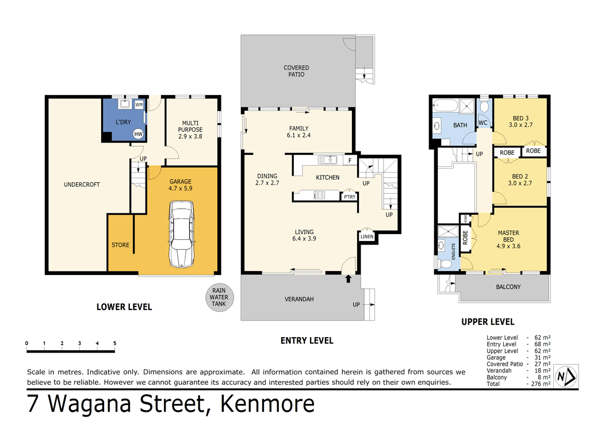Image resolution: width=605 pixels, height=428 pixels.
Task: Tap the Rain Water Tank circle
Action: pos(219,297)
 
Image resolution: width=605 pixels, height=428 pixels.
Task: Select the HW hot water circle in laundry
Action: pos(138,133)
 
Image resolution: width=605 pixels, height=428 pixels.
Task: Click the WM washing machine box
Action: pos(139,105)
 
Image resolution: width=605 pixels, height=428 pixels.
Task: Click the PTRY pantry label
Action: pos(349,197)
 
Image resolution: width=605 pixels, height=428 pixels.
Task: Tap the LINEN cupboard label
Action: pos(367,236)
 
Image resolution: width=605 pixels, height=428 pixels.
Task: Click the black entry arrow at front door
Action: pos(347,279)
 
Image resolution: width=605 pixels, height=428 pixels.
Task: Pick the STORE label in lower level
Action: pos(120,245)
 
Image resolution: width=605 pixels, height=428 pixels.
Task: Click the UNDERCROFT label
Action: pos(82,185)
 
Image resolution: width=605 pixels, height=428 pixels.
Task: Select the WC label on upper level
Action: pos(483,123)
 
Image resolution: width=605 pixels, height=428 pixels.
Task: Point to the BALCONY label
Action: pos(508,286)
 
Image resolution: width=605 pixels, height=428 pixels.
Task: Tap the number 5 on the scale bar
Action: pos(114,343)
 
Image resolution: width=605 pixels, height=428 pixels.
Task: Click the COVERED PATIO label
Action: pos(296,71)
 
